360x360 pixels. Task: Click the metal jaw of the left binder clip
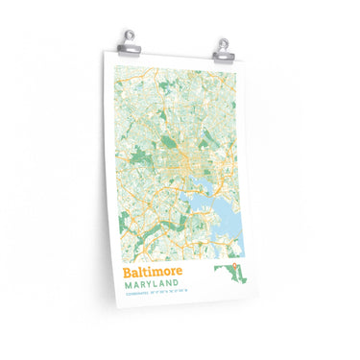[128, 48]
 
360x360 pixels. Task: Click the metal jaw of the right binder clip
[223, 48]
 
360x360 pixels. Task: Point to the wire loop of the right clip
[223, 37]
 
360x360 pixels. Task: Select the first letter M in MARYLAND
[128, 288]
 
